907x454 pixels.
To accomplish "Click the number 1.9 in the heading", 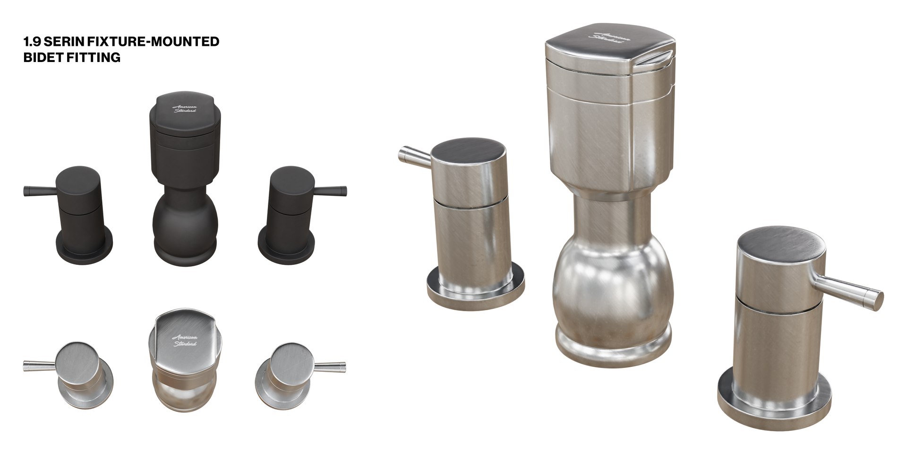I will (31, 42).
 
